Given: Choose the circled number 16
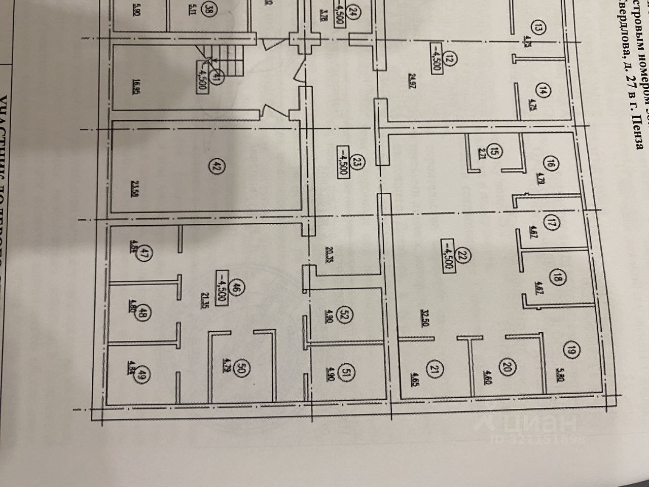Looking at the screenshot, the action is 552,164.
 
